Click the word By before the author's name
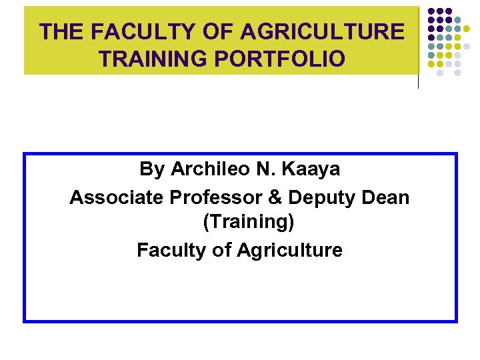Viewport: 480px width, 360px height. click(x=152, y=169)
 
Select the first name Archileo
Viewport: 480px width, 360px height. click(x=209, y=169)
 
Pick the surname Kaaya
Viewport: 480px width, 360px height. click(x=311, y=169)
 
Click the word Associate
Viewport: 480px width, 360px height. click(x=117, y=197)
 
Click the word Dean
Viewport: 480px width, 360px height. click(x=386, y=197)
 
